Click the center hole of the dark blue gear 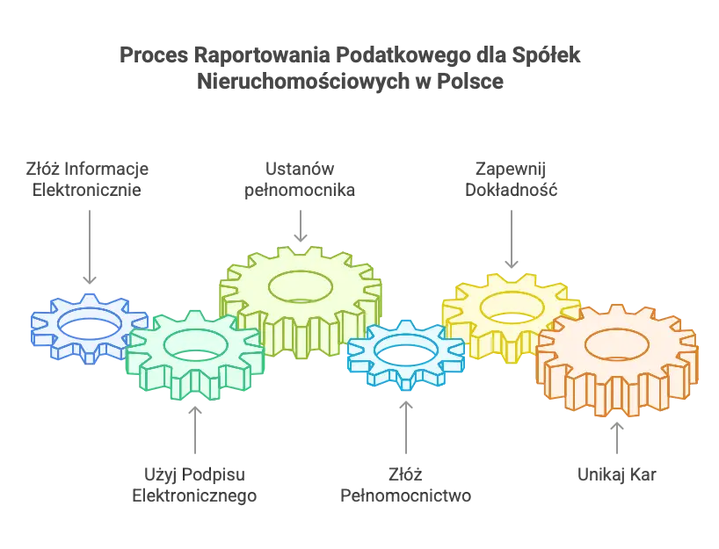[x=88, y=326]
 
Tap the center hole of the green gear [x=194, y=344]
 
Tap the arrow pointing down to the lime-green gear [x=300, y=225]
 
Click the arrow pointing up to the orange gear [x=615, y=435]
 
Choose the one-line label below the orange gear [x=617, y=476]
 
